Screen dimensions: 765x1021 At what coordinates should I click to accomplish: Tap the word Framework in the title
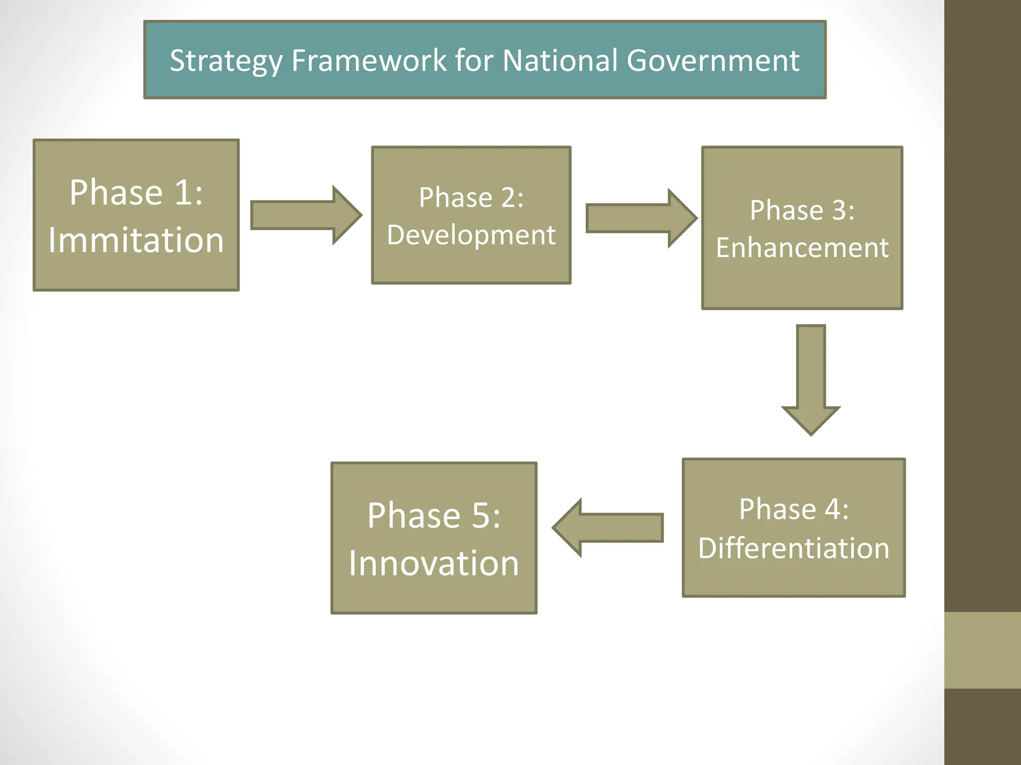pos(369,60)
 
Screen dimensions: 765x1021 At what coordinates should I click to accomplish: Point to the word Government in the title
pos(713,61)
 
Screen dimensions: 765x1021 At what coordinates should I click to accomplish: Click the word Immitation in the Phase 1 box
pos(136,240)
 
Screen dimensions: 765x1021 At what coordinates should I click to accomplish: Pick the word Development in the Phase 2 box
pos(471,235)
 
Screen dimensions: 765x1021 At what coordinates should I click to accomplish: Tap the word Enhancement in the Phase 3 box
pos(802,248)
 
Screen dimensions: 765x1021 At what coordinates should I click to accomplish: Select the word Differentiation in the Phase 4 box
pos(794,548)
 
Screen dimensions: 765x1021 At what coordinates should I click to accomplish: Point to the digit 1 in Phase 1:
pos(181,192)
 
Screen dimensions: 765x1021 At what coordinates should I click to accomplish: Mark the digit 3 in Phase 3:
pos(840,210)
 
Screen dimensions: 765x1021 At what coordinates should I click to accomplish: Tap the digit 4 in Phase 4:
pos(832,510)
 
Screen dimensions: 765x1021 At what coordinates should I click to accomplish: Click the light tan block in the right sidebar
pos(983,650)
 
